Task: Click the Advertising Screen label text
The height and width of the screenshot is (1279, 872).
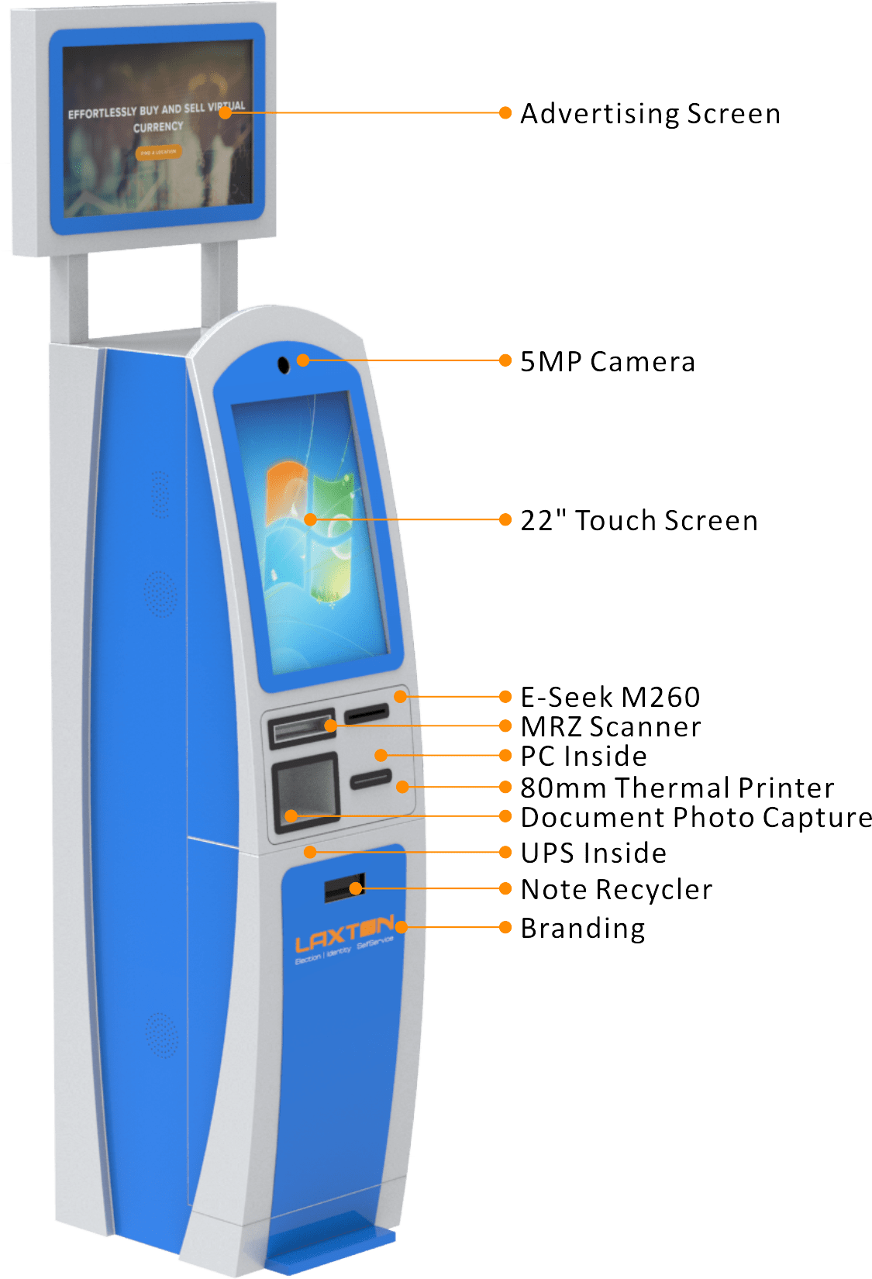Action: tap(650, 114)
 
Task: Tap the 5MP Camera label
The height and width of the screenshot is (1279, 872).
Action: tap(607, 362)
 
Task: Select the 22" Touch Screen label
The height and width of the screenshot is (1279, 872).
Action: tap(639, 521)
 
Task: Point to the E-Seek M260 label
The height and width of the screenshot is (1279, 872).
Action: tap(610, 698)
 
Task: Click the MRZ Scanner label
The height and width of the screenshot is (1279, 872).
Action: tap(611, 727)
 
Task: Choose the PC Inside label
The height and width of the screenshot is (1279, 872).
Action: tap(584, 757)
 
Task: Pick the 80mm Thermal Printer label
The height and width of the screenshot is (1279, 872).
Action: tap(677, 788)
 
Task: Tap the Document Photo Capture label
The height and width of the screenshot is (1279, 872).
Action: tap(695, 818)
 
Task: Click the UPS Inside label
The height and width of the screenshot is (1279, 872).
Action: tap(593, 853)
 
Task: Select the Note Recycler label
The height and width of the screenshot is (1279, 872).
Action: tap(616, 890)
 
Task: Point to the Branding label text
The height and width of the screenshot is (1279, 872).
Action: tap(583, 929)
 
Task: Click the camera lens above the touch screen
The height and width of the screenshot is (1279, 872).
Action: tap(284, 364)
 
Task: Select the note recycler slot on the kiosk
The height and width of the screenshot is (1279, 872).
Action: tap(343, 888)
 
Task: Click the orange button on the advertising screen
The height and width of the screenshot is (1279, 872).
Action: tap(158, 153)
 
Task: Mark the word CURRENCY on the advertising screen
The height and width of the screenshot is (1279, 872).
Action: tap(158, 127)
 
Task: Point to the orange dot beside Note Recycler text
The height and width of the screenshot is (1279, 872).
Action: tap(505, 888)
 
